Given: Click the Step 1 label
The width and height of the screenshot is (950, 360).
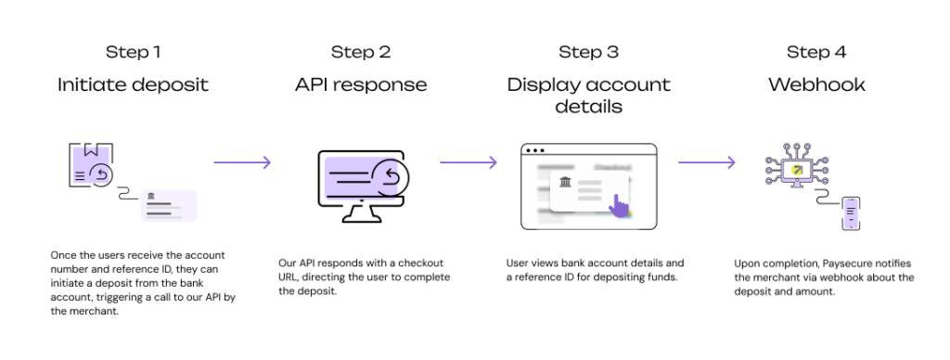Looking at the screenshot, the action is pos(134,52).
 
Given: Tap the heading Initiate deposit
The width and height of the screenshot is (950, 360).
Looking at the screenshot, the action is pos(134,84).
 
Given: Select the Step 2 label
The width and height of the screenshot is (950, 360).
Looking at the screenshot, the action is pos(361,52).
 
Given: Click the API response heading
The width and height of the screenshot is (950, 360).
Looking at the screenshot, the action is pos(361,84).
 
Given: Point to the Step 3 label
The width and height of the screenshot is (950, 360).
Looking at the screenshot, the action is pos(589,52).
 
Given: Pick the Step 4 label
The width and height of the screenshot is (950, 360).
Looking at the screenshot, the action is pos(816,52).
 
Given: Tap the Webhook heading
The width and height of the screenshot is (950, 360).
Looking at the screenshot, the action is pos(816,84).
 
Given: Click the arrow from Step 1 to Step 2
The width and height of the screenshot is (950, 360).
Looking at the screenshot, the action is pos(242,162).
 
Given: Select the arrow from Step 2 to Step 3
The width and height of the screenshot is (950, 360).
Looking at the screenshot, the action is pos(469,162).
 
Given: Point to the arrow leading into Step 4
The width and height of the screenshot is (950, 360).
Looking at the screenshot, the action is pos(706,162).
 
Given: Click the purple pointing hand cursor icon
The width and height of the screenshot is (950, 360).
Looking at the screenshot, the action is pos(618,205).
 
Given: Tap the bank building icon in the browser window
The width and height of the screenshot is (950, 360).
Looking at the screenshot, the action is pos(565,181).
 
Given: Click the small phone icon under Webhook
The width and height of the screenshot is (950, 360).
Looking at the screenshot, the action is pos(852,213).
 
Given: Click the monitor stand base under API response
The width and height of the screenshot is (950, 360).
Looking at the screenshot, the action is pos(361,218).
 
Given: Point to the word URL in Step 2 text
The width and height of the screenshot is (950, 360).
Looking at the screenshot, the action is pos(289,277).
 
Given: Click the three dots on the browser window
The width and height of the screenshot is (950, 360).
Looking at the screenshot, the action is pos(535,150).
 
